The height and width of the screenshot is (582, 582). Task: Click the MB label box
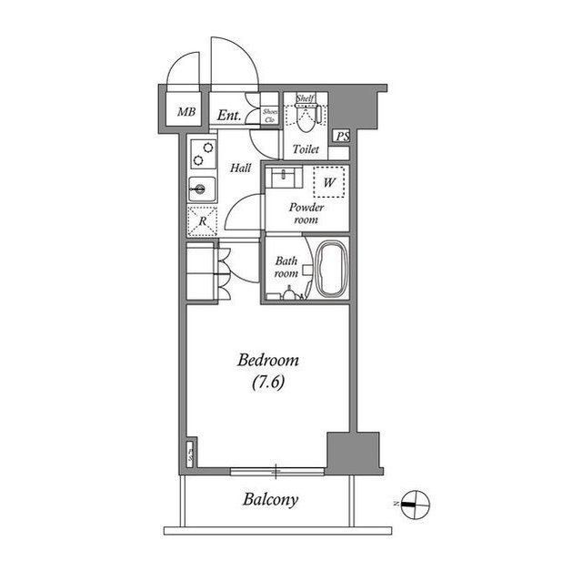pos(186,113)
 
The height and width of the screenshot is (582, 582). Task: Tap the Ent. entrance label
pos(229,115)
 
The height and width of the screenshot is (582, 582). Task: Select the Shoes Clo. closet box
pos(270,115)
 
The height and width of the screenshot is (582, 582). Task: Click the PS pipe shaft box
pos(342,137)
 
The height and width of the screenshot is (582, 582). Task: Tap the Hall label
pos(240,168)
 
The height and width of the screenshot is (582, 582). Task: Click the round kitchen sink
pos(199,189)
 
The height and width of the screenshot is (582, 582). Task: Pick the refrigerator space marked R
pos(201,220)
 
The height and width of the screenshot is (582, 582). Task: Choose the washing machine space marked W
pos(329,182)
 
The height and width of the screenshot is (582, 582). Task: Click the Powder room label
pos(306,213)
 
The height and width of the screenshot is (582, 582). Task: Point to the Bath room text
pos(286,267)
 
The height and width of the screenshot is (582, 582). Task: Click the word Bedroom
pos(267,361)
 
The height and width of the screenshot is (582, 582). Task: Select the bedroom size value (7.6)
pos(268,383)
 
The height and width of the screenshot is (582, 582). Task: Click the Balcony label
pos(270,500)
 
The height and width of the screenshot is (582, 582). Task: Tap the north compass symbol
pos(414,499)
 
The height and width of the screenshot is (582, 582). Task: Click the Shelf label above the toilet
pos(305,98)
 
